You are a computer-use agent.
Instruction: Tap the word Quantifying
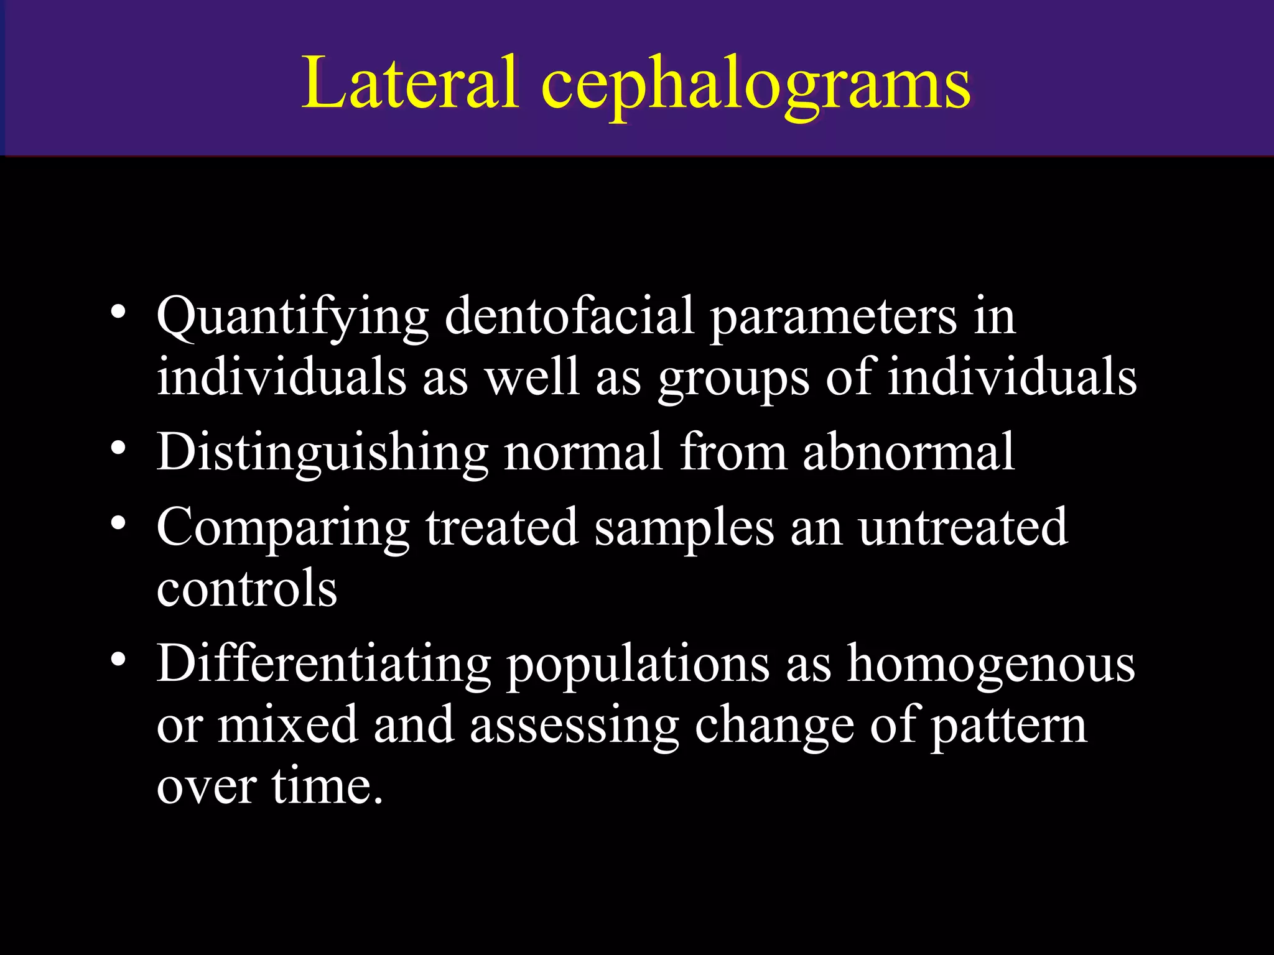pos(292,318)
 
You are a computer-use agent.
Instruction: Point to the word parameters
pos(833,318)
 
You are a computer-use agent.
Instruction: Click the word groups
pos(733,379)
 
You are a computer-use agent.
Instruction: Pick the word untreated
pos(963,527)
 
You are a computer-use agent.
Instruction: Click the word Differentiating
pos(323,664)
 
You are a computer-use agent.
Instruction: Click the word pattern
pos(1008,726)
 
